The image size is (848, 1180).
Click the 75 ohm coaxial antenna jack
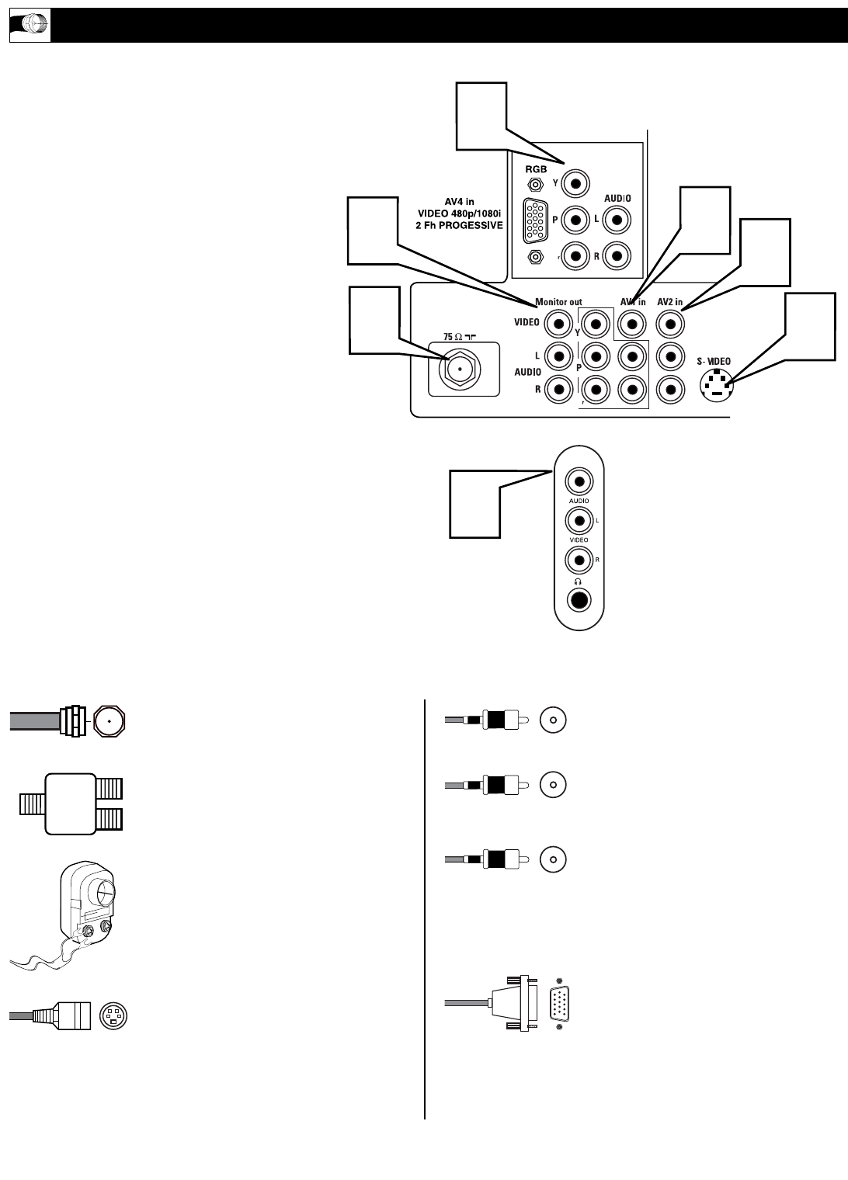[460, 370]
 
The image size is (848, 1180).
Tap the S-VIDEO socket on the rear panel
[717, 384]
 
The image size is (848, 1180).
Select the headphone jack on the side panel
[579, 600]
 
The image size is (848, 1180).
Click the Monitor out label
[558, 302]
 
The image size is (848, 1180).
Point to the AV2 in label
[669, 302]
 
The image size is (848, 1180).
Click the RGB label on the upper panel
[536, 168]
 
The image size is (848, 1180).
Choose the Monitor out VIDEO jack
[558, 322]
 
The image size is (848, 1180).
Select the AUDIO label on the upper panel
[617, 199]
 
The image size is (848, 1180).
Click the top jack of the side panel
[579, 481]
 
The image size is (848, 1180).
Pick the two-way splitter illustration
[71, 803]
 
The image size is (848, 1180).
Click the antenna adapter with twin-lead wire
[85, 908]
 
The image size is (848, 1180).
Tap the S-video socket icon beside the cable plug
[113, 1016]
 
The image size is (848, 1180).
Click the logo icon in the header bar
[30, 26]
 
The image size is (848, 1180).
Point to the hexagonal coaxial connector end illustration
[109, 721]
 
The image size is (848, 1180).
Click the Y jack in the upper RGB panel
[576, 184]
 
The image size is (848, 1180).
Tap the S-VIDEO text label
[713, 362]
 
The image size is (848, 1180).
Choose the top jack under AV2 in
[669, 322]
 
